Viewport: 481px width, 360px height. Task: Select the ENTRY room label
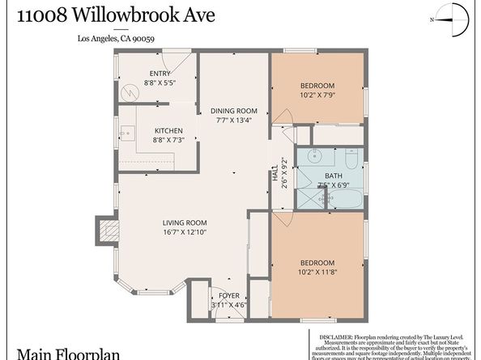click(160, 74)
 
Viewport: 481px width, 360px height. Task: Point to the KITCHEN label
click(168, 131)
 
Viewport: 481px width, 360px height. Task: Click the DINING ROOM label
click(234, 111)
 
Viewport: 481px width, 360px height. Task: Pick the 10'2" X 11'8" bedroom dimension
click(317, 271)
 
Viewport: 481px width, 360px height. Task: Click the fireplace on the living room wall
click(104, 228)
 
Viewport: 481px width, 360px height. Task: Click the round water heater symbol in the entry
click(128, 92)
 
